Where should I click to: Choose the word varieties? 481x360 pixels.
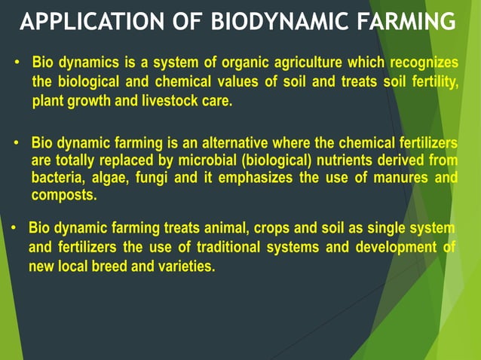pos(185,266)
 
